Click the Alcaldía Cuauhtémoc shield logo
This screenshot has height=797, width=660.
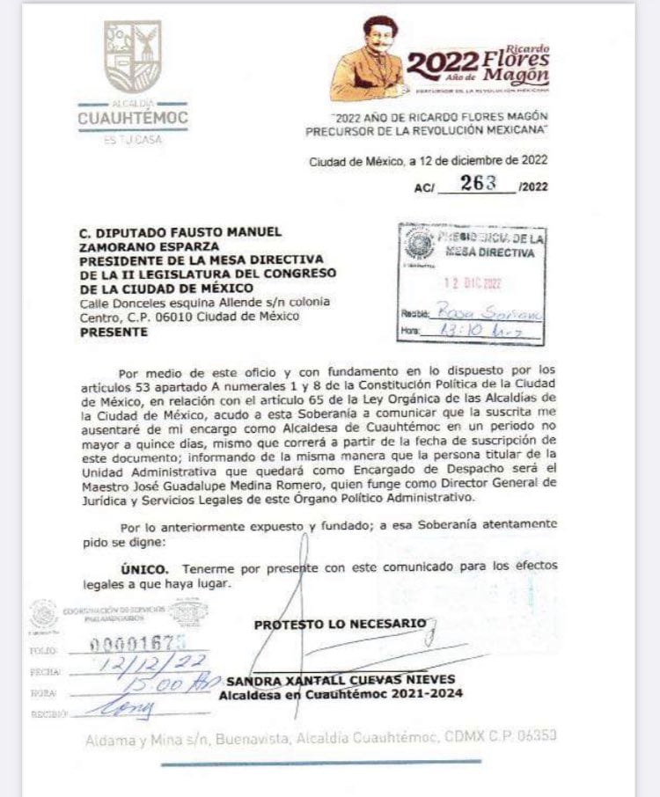point(133,56)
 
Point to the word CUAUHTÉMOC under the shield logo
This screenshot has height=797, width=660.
point(133,118)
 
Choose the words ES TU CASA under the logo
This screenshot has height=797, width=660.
point(133,140)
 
